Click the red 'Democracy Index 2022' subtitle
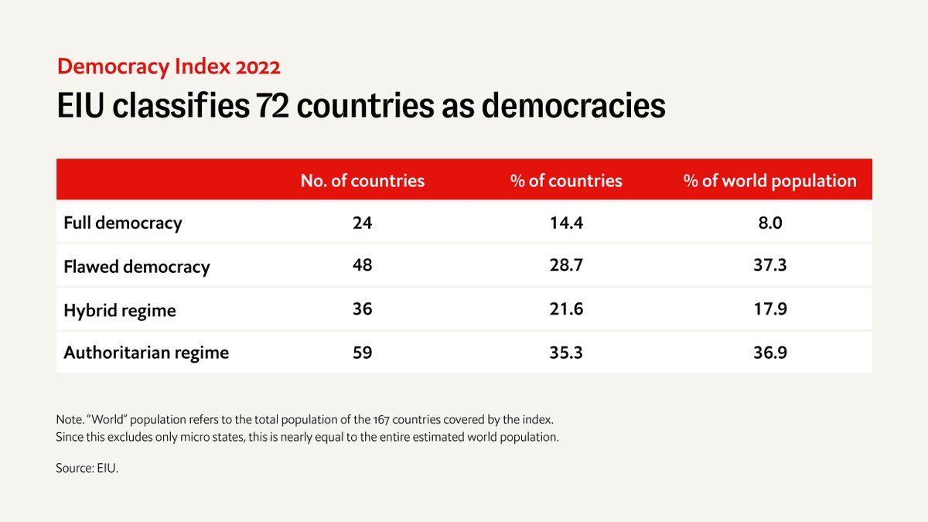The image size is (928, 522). pyautogui.click(x=168, y=67)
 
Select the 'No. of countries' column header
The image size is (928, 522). pyautogui.click(x=363, y=181)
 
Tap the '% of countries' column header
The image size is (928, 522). pyautogui.click(x=566, y=181)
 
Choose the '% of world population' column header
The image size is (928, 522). pyautogui.click(x=769, y=181)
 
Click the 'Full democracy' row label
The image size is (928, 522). pyautogui.click(x=123, y=223)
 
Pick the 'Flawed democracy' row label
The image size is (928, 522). pyautogui.click(x=137, y=267)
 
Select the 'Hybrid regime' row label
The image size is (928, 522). pyautogui.click(x=120, y=310)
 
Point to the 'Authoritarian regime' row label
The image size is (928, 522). pyautogui.click(x=146, y=353)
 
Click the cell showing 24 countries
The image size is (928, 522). pyautogui.click(x=362, y=223)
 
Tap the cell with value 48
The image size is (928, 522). pyautogui.click(x=362, y=266)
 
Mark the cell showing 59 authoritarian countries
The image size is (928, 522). pyautogui.click(x=362, y=353)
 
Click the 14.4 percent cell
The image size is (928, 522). pyautogui.click(x=566, y=223)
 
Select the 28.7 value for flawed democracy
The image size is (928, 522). pyautogui.click(x=566, y=266)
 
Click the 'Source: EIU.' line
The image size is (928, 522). pyautogui.click(x=87, y=469)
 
